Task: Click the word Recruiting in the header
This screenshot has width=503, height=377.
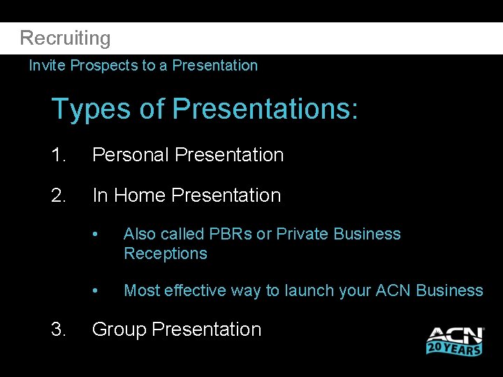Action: tap(65, 38)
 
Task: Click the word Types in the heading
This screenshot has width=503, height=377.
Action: tap(89, 110)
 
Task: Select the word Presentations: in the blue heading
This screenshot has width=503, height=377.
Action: tap(265, 110)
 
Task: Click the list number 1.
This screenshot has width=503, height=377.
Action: tap(59, 155)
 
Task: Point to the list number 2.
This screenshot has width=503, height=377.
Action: tap(59, 195)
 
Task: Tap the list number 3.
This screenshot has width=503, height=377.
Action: tap(59, 330)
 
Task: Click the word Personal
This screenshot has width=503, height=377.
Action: tap(131, 155)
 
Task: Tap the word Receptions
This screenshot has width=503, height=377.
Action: tap(166, 253)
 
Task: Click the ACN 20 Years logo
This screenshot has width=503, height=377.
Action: tap(455, 340)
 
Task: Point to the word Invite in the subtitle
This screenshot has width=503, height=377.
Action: tap(48, 66)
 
